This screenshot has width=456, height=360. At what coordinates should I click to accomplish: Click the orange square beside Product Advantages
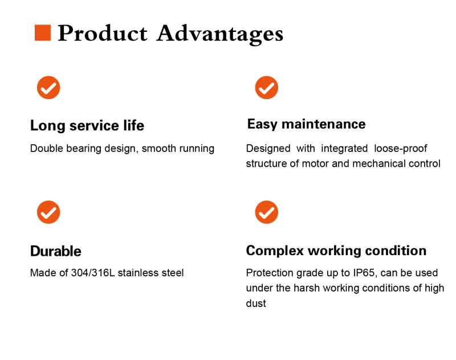point(43,33)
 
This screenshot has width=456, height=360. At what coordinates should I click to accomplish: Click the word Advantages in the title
point(219,34)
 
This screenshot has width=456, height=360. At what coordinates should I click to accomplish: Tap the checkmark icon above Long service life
point(48,87)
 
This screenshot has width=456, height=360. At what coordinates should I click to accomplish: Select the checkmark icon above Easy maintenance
point(266,87)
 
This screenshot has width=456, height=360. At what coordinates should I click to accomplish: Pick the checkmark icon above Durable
point(48,212)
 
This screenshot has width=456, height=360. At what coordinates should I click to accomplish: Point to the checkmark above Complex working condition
point(266,212)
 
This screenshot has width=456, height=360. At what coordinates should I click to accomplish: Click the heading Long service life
point(87,125)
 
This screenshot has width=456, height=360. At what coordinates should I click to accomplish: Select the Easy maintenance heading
point(306,124)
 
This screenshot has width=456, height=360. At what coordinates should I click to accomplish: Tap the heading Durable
point(55,251)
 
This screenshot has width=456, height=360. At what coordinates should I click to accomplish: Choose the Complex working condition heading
point(336,251)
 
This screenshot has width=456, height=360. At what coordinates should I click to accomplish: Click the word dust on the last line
point(256,304)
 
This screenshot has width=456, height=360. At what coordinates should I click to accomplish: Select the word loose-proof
point(401,149)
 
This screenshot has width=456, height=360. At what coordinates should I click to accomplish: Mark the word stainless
point(139,273)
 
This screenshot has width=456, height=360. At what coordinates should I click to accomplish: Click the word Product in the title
point(103,34)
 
